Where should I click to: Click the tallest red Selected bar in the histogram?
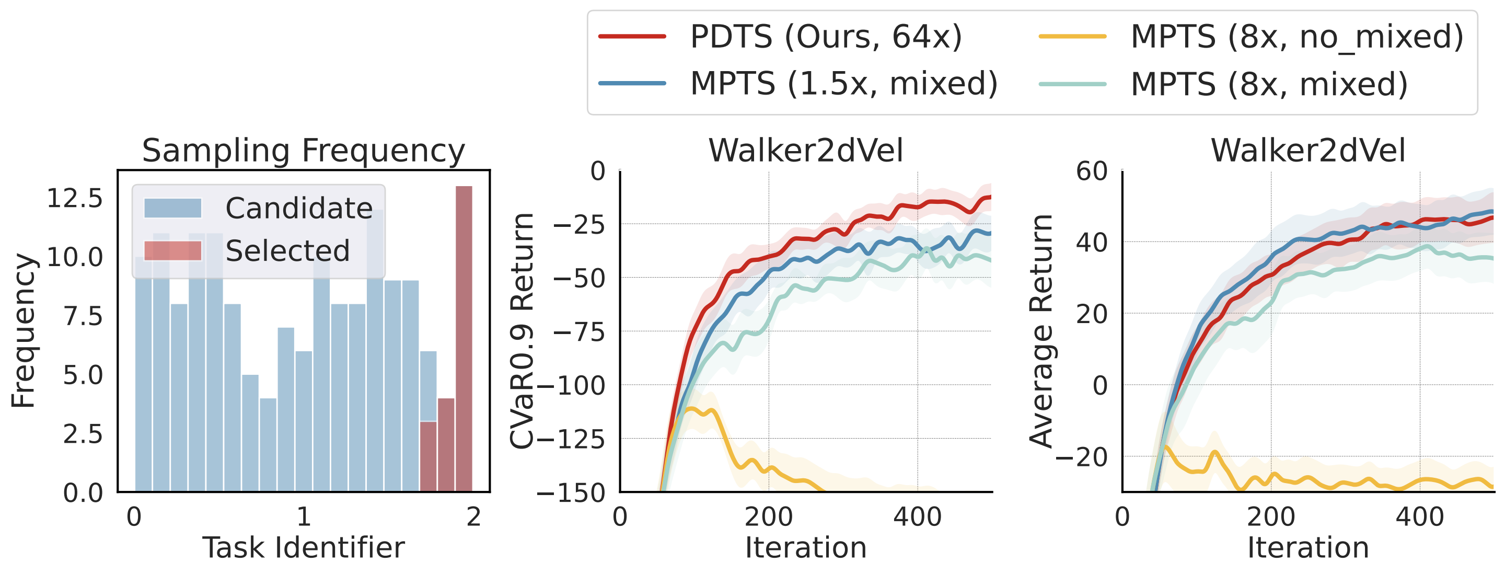coord(464,339)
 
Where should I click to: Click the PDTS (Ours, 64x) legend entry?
coord(781,36)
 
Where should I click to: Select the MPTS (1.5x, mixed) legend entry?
coord(798,84)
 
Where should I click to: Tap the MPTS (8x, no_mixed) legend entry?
coord(1251,36)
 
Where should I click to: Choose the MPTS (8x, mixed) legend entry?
coord(1223,84)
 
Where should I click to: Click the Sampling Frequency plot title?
coord(303,151)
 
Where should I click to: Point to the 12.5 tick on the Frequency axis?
coord(74,199)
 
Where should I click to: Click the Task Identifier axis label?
coord(303,548)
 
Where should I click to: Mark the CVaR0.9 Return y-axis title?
coord(522,331)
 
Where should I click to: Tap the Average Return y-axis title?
coord(1040,331)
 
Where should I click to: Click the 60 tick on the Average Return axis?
coord(1091,172)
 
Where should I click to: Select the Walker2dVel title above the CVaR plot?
coord(805,151)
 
